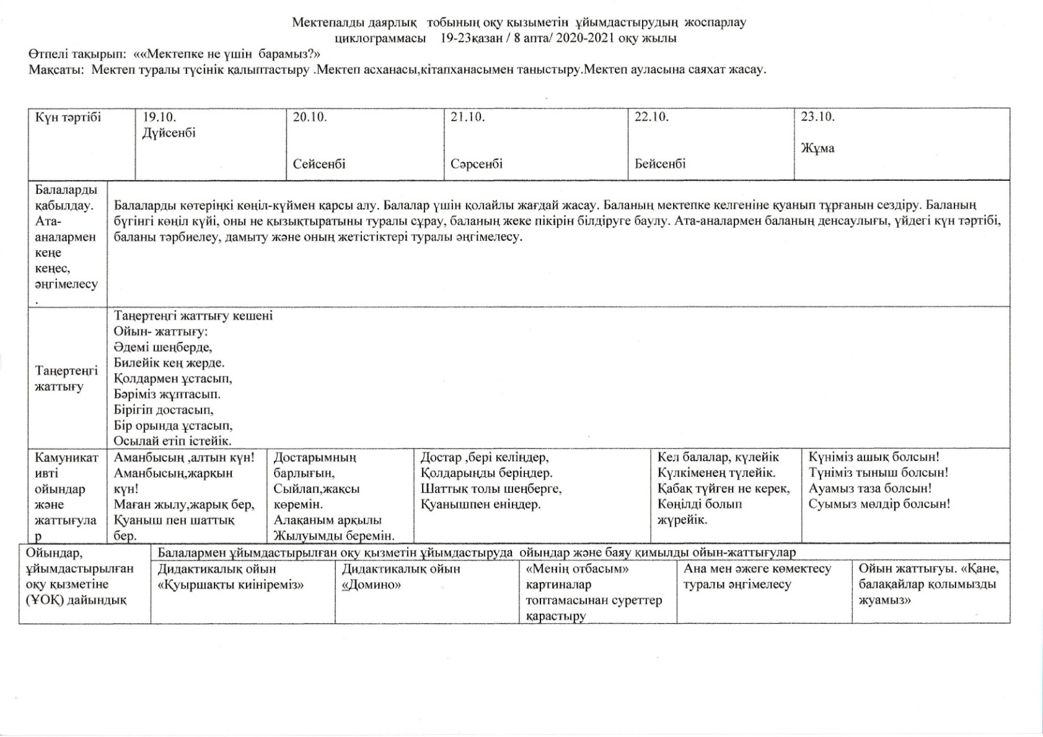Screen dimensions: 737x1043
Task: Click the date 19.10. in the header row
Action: (159, 117)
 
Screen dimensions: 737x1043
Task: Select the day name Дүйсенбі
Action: (169, 133)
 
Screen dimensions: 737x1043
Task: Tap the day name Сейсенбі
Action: (319, 164)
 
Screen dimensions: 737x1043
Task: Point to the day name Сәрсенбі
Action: (477, 164)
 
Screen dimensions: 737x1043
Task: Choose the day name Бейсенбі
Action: (660, 164)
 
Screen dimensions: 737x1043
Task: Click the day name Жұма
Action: (817, 148)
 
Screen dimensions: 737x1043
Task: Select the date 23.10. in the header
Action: (817, 117)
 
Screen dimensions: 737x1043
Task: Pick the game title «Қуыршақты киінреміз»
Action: (231, 585)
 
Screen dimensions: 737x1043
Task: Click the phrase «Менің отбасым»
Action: (578, 569)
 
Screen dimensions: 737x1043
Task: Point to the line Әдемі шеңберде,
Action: (163, 347)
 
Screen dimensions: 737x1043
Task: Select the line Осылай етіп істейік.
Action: (172, 441)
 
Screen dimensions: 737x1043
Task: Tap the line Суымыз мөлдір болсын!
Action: (879, 504)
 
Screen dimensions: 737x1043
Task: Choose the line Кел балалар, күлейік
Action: (718, 457)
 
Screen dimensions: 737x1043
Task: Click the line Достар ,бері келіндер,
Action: (484, 457)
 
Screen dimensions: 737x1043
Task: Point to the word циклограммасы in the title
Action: (380, 38)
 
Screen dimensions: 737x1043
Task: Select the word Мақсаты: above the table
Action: (56, 69)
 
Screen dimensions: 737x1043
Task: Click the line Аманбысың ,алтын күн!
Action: (184, 457)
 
